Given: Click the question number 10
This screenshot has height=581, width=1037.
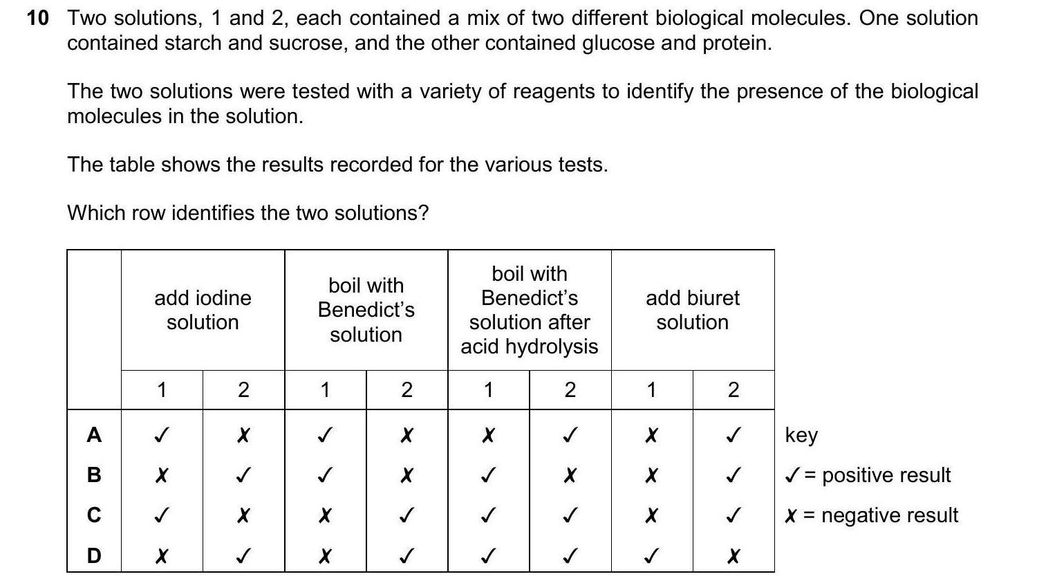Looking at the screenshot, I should (x=38, y=19).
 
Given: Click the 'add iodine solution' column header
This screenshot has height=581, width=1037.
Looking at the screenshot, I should (x=203, y=310).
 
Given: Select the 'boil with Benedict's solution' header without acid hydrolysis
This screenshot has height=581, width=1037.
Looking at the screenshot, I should (x=366, y=310).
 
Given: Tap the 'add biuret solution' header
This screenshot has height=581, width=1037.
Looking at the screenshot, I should (x=692, y=310).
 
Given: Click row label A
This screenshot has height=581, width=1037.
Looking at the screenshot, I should (x=94, y=435).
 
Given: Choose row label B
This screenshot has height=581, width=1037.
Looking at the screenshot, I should (x=94, y=475).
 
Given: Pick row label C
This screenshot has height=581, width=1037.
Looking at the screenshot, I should (x=94, y=515).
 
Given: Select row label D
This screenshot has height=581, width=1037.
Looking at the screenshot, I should (x=94, y=555).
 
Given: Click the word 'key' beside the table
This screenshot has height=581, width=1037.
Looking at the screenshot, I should (x=801, y=435).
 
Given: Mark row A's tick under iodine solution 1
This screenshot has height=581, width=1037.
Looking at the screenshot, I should (x=161, y=436).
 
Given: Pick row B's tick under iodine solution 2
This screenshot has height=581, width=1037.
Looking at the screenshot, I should (x=243, y=476).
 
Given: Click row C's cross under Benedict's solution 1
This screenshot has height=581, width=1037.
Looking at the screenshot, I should (x=324, y=516).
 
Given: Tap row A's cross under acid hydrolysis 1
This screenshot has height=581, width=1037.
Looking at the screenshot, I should (x=488, y=436).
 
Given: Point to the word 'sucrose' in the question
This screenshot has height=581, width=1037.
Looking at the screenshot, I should (x=307, y=44).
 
